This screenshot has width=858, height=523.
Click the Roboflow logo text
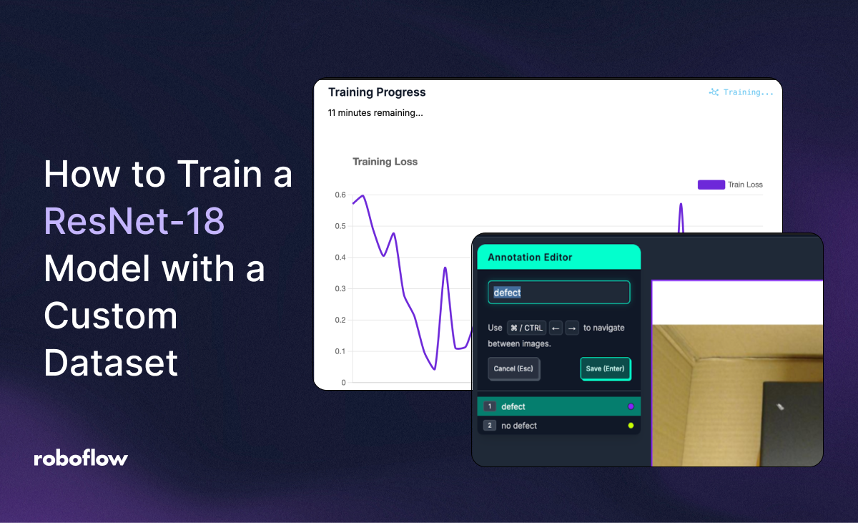(81, 459)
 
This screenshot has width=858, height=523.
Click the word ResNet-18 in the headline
(134, 222)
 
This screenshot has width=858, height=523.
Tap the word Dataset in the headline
(111, 362)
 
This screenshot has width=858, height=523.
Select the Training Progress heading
(377, 92)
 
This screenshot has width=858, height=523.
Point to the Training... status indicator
(741, 92)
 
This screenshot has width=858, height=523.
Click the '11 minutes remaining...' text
(375, 113)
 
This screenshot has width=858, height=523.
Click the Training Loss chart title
(385, 162)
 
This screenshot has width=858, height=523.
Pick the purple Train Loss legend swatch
(711, 185)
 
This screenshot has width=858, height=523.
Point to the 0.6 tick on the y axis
(340, 195)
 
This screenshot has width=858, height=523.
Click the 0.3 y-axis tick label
(340, 289)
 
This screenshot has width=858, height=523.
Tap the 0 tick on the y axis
(343, 383)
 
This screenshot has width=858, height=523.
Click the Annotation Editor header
(530, 257)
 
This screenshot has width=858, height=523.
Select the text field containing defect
(558, 293)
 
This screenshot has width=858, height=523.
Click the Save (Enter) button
(605, 369)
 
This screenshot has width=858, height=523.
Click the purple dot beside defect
(631, 406)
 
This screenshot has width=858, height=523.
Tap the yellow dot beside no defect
(631, 426)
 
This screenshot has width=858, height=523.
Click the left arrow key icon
(556, 328)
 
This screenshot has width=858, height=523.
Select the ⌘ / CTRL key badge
(526, 328)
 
